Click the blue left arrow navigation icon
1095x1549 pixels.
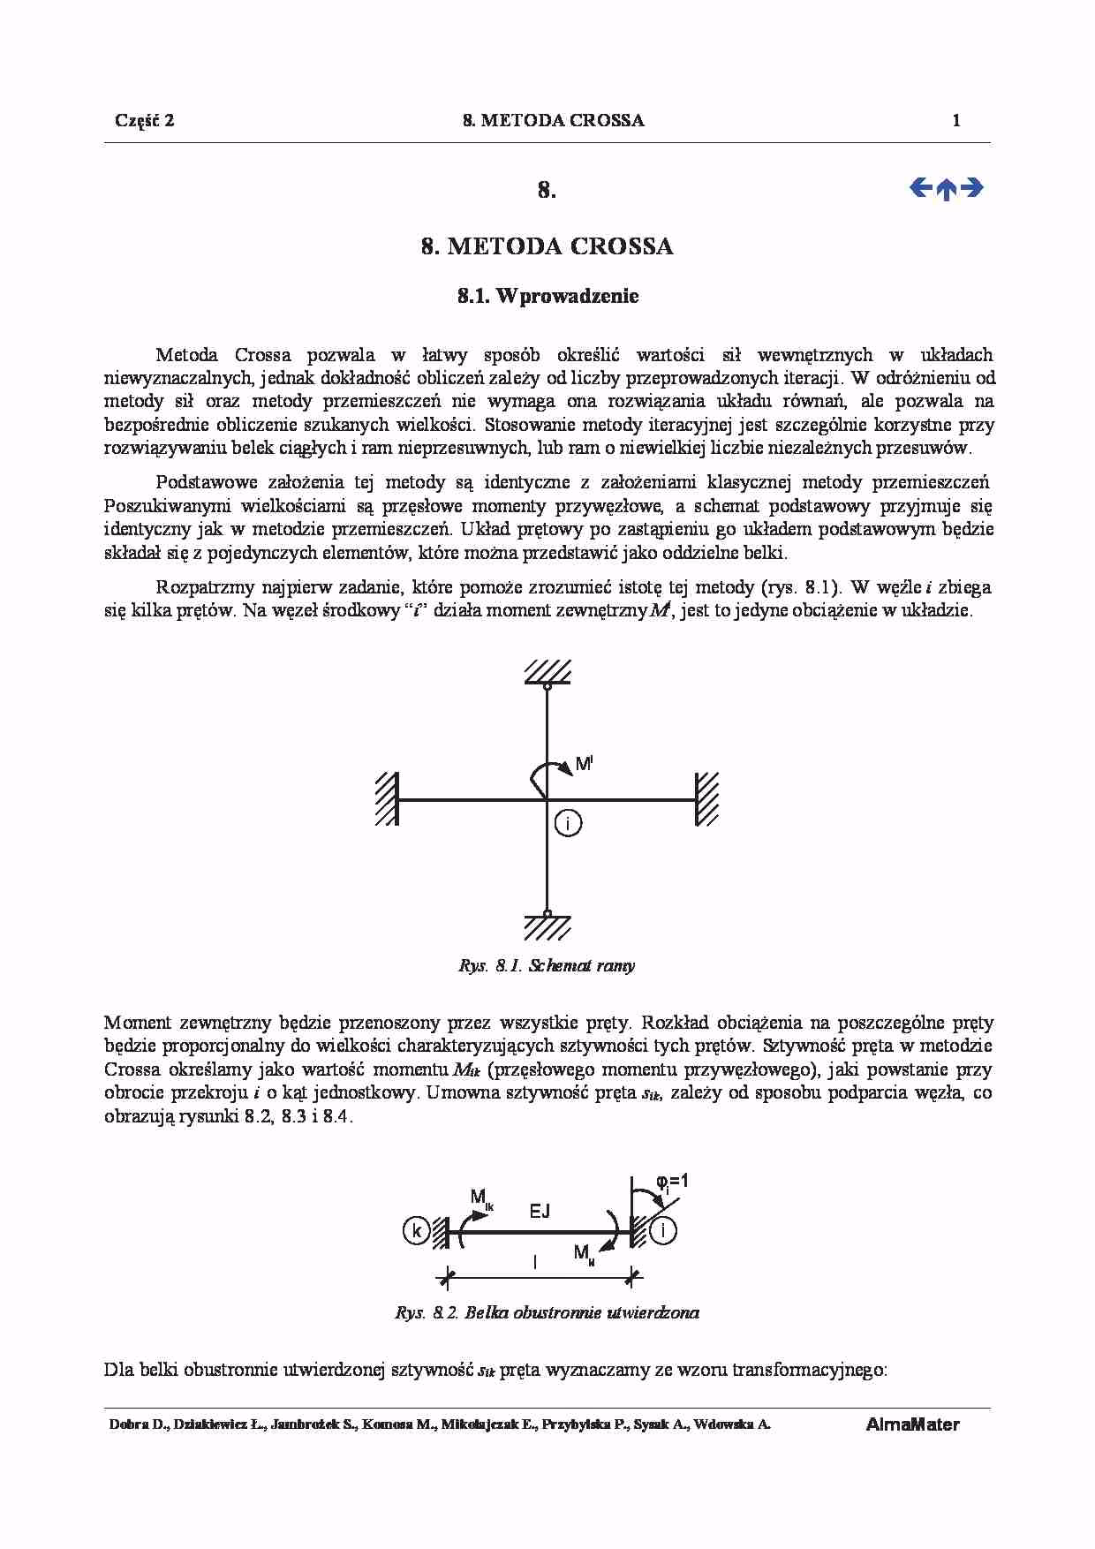(x=920, y=187)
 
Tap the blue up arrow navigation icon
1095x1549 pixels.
(x=946, y=189)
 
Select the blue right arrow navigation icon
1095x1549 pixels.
(x=971, y=187)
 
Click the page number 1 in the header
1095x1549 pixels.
(x=956, y=121)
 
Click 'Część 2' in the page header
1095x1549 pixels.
(x=145, y=121)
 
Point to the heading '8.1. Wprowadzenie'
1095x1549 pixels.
(x=547, y=297)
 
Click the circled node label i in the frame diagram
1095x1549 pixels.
(x=569, y=824)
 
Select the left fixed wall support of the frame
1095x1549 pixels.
(x=386, y=799)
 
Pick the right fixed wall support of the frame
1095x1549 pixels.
(x=706, y=799)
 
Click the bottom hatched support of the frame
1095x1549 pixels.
(x=547, y=926)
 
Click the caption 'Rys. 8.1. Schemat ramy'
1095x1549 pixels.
(x=547, y=965)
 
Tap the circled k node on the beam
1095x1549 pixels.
(x=416, y=1230)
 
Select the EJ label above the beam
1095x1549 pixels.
(x=540, y=1212)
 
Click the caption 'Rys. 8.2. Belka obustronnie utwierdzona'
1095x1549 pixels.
(x=547, y=1312)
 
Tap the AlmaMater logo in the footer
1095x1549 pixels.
(x=912, y=1424)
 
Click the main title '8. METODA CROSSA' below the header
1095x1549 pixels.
(x=547, y=246)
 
